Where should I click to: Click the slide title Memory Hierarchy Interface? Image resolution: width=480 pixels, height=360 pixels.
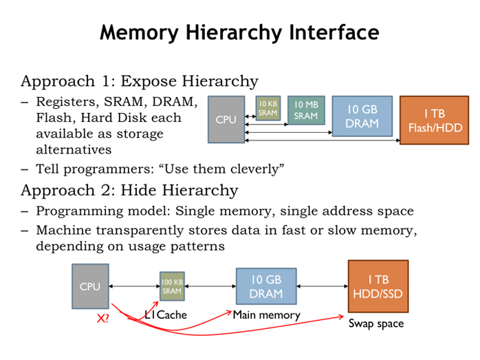point(239,32)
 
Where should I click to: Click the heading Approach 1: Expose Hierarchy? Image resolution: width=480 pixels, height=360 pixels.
point(140,81)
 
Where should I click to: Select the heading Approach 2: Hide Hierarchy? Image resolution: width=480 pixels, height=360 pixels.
point(129,190)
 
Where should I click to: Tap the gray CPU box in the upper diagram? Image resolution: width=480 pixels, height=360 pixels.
point(226,120)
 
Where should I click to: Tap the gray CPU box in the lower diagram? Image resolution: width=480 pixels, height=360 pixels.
point(90,286)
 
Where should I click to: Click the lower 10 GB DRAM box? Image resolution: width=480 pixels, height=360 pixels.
point(266,286)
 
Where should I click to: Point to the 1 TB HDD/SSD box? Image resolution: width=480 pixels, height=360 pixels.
point(378,285)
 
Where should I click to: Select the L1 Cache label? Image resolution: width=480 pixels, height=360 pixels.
point(166,315)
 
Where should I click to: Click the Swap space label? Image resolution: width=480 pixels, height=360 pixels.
point(376,323)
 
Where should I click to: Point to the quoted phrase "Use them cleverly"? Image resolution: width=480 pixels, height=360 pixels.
point(234,168)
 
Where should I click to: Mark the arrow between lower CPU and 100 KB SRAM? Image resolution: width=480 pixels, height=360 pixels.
point(133,286)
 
